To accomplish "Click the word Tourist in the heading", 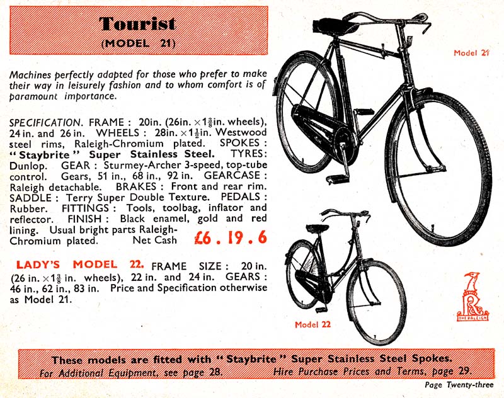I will coord(137,25).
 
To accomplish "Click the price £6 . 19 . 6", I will coord(222,239).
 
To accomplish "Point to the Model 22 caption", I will coord(313,325).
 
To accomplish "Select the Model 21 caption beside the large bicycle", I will coord(471,53).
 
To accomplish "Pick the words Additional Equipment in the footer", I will coord(107,372).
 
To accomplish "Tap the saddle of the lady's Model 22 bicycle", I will coord(319,228).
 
